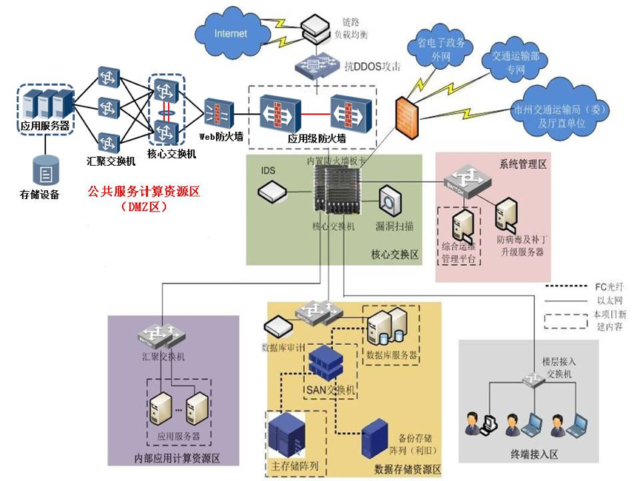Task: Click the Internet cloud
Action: (x=231, y=33)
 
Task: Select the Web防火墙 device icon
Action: (x=219, y=113)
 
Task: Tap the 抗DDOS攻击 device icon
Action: (x=317, y=68)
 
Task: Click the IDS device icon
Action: (x=272, y=192)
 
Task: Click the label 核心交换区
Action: (x=394, y=255)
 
